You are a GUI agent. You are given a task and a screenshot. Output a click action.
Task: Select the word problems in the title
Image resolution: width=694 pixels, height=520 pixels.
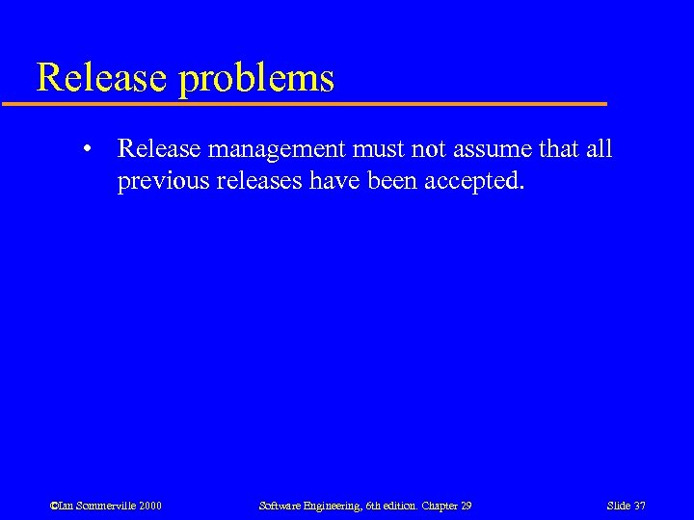point(256,79)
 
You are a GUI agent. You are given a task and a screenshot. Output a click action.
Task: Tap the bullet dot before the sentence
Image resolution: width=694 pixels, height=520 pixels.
point(87,150)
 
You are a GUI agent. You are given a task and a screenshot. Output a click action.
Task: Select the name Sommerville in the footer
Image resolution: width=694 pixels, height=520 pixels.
point(104,506)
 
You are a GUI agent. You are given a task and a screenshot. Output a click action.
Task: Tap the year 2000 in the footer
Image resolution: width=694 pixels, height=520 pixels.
point(148,506)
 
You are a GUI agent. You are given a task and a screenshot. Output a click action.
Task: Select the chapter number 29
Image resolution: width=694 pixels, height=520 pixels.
point(466,506)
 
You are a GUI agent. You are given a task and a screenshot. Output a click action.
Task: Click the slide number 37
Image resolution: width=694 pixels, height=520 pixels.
point(638,506)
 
